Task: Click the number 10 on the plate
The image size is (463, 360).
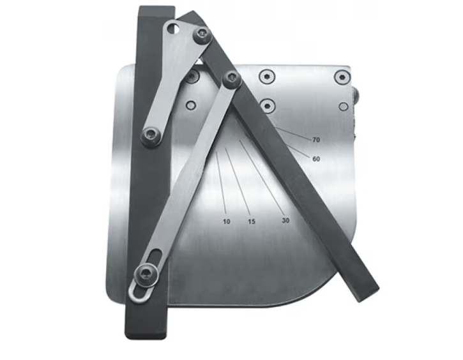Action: [227, 221]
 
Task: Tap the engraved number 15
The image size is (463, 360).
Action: [252, 221]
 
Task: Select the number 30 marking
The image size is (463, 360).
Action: [285, 220]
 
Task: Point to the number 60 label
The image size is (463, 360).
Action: [316, 159]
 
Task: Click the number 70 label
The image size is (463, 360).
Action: [316, 140]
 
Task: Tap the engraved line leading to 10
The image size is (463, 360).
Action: [221, 183]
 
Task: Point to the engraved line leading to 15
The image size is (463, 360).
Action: [238, 181]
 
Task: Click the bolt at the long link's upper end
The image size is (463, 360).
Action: [232, 78]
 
